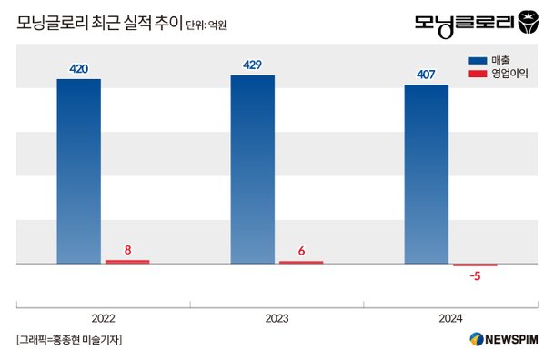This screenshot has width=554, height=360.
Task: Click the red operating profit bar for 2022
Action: (127, 262)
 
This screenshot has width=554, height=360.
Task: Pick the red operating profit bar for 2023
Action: (301, 262)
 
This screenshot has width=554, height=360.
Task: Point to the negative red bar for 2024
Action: (475, 265)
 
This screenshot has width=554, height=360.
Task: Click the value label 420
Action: (79, 68)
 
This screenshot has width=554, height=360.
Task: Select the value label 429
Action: (253, 65)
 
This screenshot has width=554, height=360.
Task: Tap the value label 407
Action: (427, 75)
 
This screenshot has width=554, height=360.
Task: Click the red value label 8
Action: (127, 248)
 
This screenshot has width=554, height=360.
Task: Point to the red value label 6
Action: (301, 249)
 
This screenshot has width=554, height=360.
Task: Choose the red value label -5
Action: (475, 276)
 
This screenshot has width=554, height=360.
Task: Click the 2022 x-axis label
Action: (104, 318)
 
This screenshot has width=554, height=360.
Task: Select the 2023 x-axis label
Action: (277, 318)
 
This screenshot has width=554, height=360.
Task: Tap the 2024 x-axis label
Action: (450, 318)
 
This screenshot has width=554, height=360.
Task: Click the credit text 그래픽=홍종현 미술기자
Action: (69, 340)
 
